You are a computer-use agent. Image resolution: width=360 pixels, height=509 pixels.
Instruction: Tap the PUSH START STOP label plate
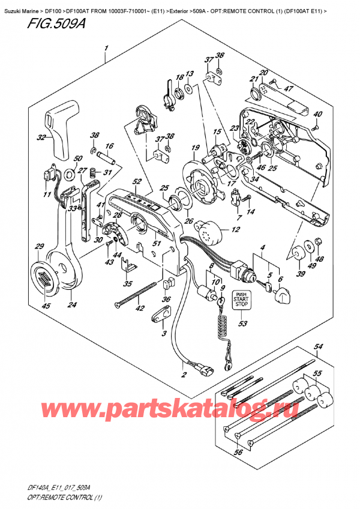(x=242, y=300)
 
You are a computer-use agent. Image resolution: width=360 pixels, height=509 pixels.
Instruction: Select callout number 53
(x=242, y=325)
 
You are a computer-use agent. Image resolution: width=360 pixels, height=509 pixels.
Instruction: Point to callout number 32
(x=41, y=138)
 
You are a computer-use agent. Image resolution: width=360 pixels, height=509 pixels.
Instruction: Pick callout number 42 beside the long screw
(x=140, y=310)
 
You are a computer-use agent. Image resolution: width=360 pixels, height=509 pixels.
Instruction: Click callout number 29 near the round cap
(x=40, y=247)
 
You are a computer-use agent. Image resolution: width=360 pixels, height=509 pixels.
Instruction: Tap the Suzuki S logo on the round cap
(x=45, y=277)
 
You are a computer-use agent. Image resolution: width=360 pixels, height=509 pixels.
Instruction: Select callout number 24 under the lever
(x=72, y=305)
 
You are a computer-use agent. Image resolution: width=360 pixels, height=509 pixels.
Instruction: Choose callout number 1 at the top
(x=106, y=48)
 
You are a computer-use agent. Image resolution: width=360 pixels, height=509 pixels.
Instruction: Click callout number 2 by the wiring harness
(x=185, y=376)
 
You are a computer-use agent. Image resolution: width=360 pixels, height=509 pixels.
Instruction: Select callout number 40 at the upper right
(x=317, y=115)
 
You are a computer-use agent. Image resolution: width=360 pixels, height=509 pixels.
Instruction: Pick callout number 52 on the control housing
(x=137, y=182)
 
